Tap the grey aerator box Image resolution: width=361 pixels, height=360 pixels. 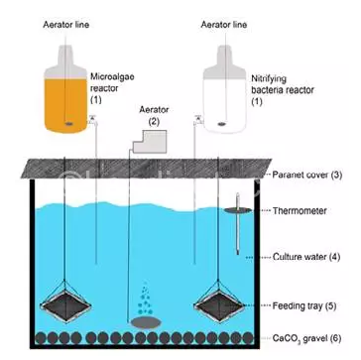[150, 142]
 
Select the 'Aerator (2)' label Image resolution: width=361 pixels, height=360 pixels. [154, 115]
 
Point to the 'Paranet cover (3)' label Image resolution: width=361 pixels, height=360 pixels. [306, 175]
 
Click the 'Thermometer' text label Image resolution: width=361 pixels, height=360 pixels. [300, 210]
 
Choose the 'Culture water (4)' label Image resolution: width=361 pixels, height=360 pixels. [306, 257]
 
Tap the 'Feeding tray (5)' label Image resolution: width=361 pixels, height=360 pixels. [304, 306]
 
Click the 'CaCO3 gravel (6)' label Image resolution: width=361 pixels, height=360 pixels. [306, 338]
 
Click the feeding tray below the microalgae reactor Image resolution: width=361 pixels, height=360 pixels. [64, 303]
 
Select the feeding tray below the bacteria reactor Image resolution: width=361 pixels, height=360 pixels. [219, 303]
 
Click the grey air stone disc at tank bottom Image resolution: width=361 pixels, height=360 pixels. [146, 322]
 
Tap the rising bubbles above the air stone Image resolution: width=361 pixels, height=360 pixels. [145, 299]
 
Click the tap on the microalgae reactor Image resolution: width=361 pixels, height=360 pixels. [92, 119]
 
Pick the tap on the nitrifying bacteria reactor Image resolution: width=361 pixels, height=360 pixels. [197, 119]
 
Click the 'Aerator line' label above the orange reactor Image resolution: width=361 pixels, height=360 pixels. [66, 25]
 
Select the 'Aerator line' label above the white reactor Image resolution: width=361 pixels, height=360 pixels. [224, 25]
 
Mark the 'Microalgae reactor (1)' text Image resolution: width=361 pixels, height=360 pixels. [112, 88]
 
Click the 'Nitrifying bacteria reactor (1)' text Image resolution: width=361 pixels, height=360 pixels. [283, 89]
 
